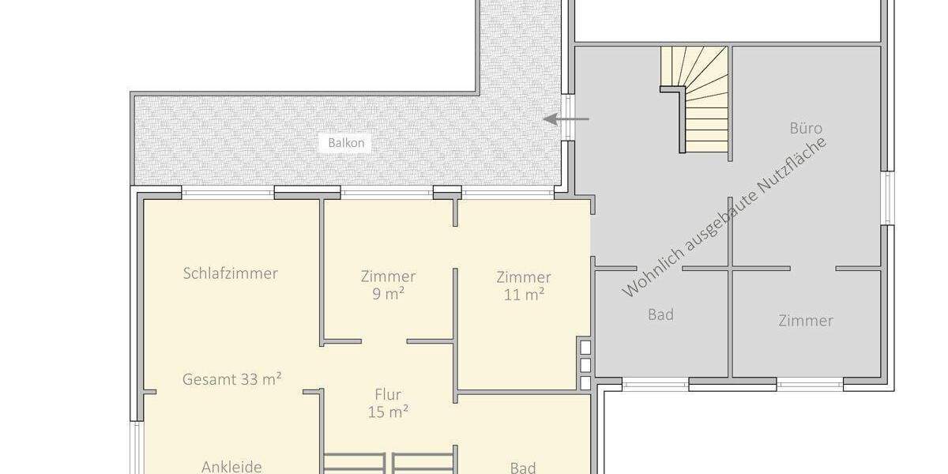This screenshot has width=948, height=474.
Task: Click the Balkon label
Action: (346, 143)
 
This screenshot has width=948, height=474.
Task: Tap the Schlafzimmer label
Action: (230, 273)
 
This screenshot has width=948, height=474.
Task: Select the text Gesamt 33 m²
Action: (232, 379)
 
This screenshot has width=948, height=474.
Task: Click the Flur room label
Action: (388, 394)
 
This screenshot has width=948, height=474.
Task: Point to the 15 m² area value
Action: (388, 412)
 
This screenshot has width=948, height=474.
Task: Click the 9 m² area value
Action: (388, 295)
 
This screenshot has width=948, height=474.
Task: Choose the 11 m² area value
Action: (524, 295)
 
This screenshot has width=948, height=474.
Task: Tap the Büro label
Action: (806, 128)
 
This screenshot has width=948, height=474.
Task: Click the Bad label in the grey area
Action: (660, 314)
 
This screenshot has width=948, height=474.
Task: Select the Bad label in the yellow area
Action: (523, 468)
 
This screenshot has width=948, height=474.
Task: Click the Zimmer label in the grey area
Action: (805, 321)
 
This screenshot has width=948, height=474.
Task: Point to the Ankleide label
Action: (231, 466)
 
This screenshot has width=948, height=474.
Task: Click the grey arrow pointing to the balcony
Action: (566, 119)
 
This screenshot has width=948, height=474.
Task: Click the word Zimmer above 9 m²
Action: (388, 276)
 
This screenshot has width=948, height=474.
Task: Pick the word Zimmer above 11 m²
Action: (524, 277)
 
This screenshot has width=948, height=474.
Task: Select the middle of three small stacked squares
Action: (585, 365)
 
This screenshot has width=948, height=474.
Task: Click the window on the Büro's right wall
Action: (887, 197)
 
